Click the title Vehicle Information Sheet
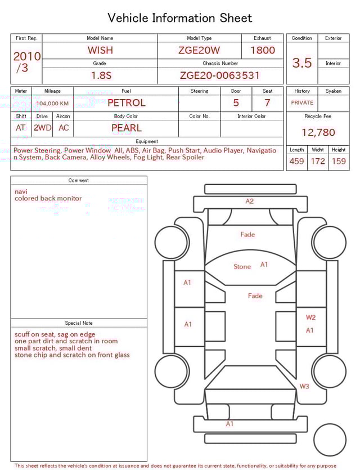pyautogui.click(x=180, y=18)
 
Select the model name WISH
pyautogui.click(x=100, y=50)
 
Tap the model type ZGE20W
pyautogui.click(x=199, y=50)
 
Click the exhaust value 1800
pyautogui.click(x=263, y=50)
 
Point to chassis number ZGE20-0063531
pyautogui.click(x=220, y=75)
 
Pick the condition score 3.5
pyautogui.click(x=302, y=63)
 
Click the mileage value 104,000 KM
pyautogui.click(x=52, y=104)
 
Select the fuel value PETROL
pyautogui.click(x=127, y=102)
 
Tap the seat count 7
pyautogui.click(x=267, y=102)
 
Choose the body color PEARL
pyautogui.click(x=127, y=128)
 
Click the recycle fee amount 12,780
pyautogui.click(x=318, y=133)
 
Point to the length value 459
pyautogui.click(x=296, y=161)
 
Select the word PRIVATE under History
pyautogui.click(x=302, y=102)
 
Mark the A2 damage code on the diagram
pyautogui.click(x=250, y=201)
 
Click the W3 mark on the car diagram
pyautogui.click(x=304, y=386)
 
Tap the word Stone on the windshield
pyautogui.click(x=242, y=266)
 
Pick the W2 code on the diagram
pyautogui.click(x=310, y=317)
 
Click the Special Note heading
pyautogui.click(x=79, y=323)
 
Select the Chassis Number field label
pyautogui.click(x=220, y=63)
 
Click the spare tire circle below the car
pyautogui.click(x=330, y=440)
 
